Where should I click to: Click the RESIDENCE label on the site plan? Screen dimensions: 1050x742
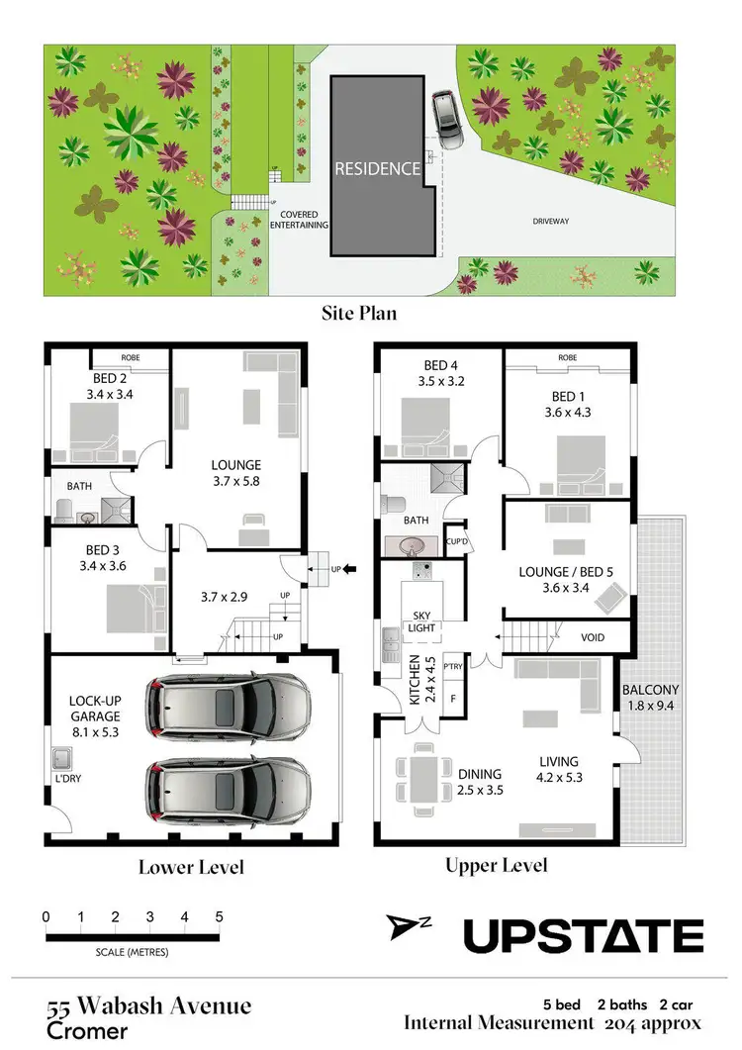click(377, 168)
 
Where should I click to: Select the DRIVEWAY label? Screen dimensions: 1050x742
click(551, 222)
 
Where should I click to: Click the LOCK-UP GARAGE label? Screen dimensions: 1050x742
click(95, 708)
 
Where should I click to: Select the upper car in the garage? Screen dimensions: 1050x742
click(228, 705)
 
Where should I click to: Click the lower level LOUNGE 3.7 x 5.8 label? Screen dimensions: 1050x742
click(235, 472)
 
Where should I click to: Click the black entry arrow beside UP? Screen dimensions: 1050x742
click(351, 569)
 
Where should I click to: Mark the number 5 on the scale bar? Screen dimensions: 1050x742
click(218, 916)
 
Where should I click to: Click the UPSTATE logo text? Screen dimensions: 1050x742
click(584, 934)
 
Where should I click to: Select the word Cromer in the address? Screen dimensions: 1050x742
click(88, 1031)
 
